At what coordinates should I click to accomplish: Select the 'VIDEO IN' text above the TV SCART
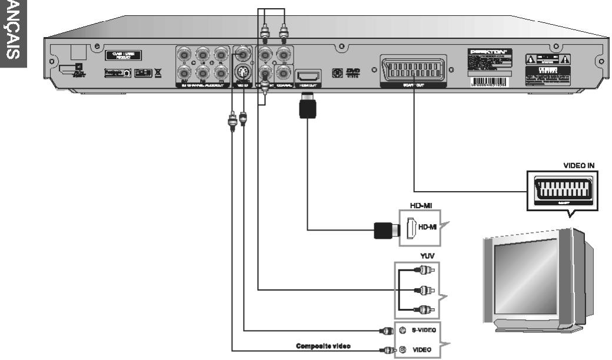[x=580, y=166]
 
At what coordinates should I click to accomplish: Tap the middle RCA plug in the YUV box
[x=420, y=289]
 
